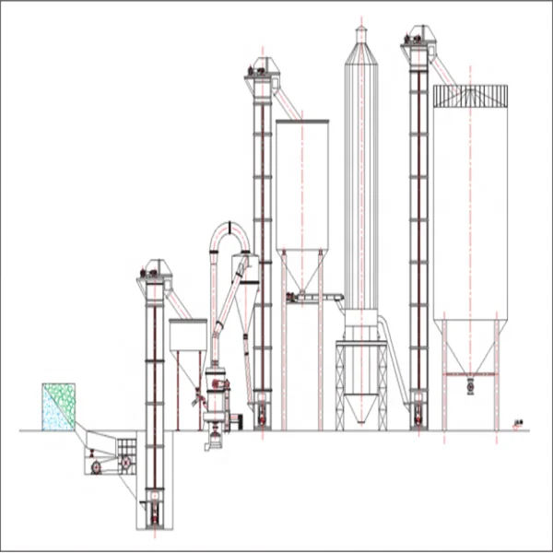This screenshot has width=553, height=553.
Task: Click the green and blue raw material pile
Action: point(57,406)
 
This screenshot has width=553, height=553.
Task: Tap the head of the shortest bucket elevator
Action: point(154,271)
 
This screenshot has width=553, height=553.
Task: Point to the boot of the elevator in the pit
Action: point(154,511)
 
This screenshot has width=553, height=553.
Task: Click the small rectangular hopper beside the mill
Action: point(187,335)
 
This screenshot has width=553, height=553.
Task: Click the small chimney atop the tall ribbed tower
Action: point(360,35)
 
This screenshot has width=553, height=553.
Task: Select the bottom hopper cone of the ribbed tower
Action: point(360,406)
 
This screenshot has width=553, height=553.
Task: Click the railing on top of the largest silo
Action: point(470,96)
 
